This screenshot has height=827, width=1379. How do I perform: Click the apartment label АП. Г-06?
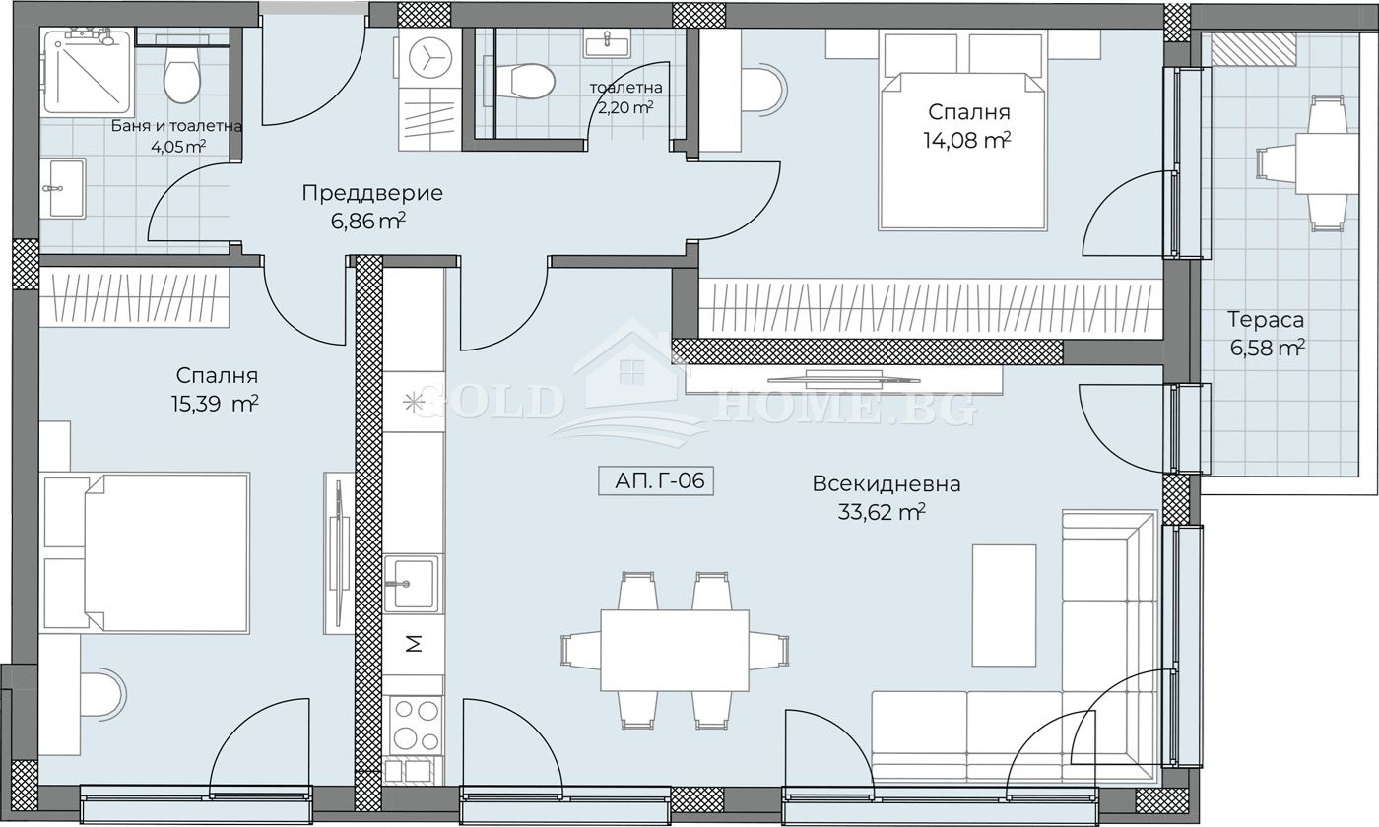point(656,480)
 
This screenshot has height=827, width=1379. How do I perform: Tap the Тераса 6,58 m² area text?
point(1267,334)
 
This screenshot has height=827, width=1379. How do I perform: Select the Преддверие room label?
point(372,193)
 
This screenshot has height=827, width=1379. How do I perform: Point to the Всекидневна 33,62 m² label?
point(886,498)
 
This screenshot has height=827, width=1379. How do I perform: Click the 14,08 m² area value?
point(967,141)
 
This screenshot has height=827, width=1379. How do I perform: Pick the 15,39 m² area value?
point(215,405)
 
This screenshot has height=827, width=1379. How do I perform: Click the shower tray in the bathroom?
point(88,71)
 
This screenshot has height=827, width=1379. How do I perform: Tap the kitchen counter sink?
point(412,583)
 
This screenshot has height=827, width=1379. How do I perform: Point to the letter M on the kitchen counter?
point(415,644)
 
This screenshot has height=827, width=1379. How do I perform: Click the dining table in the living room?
point(675,651)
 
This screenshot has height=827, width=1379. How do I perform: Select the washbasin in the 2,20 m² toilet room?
point(607,44)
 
